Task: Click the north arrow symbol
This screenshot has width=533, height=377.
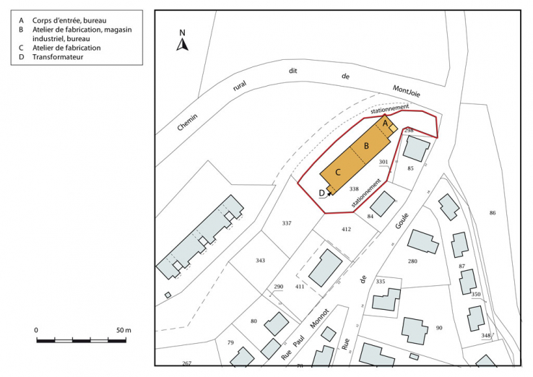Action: pyautogui.click(x=183, y=45)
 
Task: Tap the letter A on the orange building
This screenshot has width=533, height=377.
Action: pyautogui.click(x=385, y=124)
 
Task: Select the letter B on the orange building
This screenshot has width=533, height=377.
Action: pyautogui.click(x=366, y=146)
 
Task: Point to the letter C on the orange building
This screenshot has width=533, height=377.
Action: pyautogui.click(x=337, y=171)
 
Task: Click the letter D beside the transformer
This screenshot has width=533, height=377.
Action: pyautogui.click(x=321, y=193)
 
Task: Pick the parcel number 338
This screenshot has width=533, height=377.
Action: pyautogui.click(x=354, y=188)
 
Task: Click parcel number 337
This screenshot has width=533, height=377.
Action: pyautogui.click(x=287, y=223)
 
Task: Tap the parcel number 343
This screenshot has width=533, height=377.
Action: pyautogui.click(x=260, y=260)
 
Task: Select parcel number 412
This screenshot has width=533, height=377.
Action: pyautogui.click(x=346, y=229)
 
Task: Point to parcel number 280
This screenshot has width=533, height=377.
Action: pyautogui.click(x=412, y=261)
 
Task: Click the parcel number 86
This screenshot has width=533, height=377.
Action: pyautogui.click(x=493, y=213)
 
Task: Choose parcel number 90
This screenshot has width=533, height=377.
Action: pyautogui.click(x=438, y=328)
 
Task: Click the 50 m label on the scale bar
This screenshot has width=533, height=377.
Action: pyautogui.click(x=123, y=330)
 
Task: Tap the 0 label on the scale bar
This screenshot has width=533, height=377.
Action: pyautogui.click(x=36, y=330)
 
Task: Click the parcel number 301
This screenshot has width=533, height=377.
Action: pyautogui.click(x=383, y=162)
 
